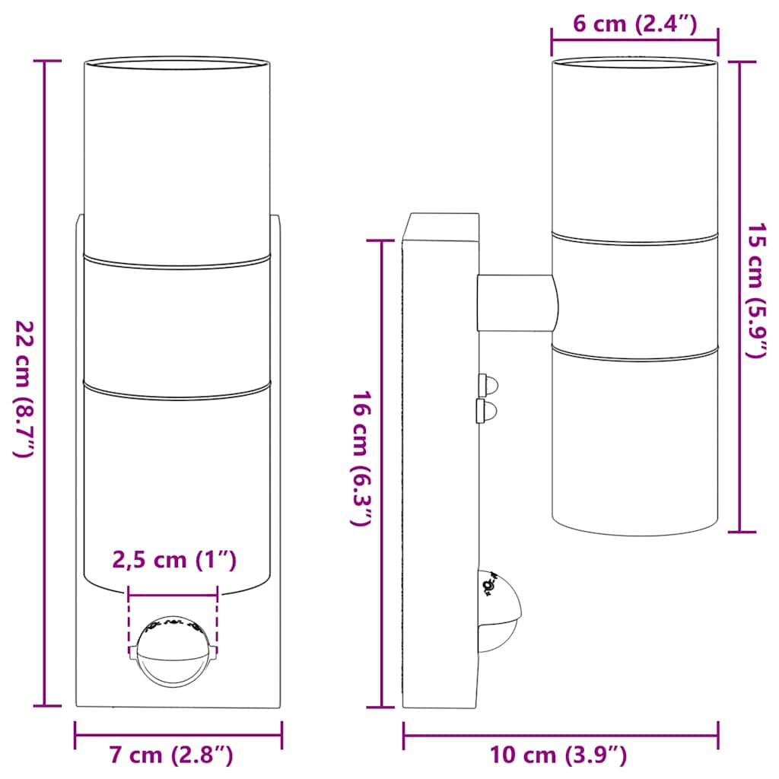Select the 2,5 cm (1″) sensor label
175,561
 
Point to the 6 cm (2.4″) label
634,24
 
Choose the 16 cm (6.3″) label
362,459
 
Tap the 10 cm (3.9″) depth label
559,755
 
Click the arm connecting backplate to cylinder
516,302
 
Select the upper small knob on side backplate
485,383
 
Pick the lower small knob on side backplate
485,412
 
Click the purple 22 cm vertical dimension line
46,228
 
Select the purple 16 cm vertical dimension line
381,609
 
